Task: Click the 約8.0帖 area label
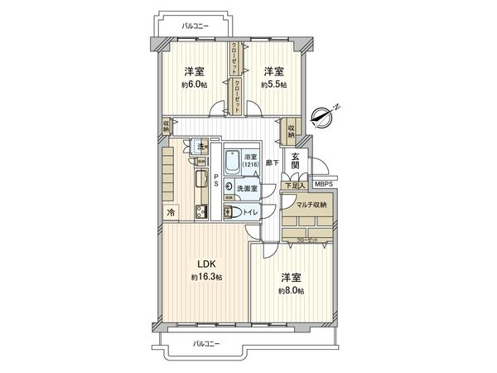coord(290,292)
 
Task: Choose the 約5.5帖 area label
coord(273,85)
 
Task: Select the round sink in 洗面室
coord(229,188)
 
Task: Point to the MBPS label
coord(323,186)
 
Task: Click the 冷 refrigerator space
coord(171,212)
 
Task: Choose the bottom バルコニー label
coord(206,342)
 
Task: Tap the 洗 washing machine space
coord(201,148)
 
